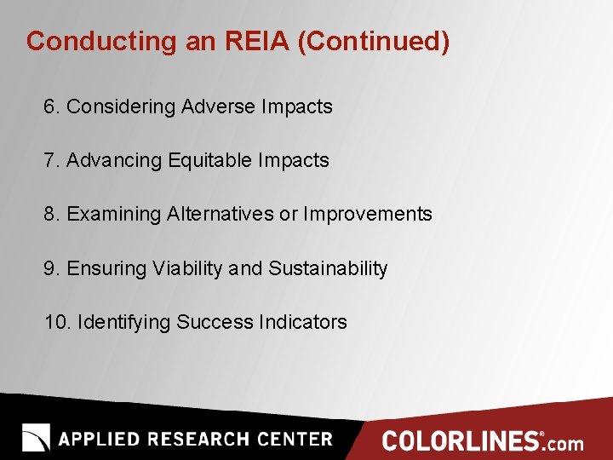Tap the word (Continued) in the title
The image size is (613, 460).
(x=373, y=41)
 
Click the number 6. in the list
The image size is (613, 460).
(x=52, y=106)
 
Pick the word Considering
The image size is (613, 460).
(x=121, y=106)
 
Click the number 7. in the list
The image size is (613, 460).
(x=52, y=160)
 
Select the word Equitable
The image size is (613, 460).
(x=210, y=160)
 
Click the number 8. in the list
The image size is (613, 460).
(x=52, y=214)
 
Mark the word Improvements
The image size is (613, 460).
(x=368, y=214)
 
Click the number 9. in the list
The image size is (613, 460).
(x=52, y=268)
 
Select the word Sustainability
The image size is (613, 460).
(x=328, y=268)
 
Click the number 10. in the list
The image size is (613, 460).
(x=57, y=322)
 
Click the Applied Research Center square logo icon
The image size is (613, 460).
(x=36, y=438)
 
